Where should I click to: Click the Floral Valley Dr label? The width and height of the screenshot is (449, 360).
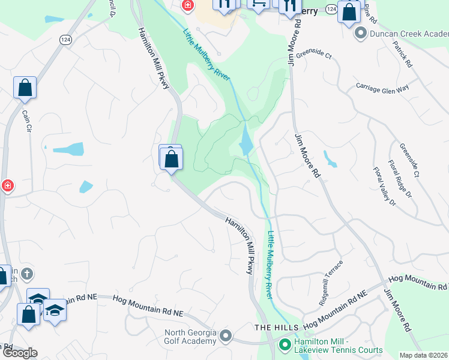coord(384,187)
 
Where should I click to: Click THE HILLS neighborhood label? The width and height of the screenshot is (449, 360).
coord(276,327)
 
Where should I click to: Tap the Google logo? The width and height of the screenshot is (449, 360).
coord(20,353)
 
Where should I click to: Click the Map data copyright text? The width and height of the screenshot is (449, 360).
coord(423,355)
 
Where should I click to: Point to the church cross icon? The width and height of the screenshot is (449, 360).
coord(26,275)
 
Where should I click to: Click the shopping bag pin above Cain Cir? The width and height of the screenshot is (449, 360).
coord(25,88)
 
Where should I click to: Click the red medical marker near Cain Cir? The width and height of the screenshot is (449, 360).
coord(7,186)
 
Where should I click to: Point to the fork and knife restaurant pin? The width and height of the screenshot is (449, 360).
coord(289,6)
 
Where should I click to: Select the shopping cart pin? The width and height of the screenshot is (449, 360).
coord(259,4)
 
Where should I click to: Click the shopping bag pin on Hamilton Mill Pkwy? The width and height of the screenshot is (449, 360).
coord(172,160)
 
